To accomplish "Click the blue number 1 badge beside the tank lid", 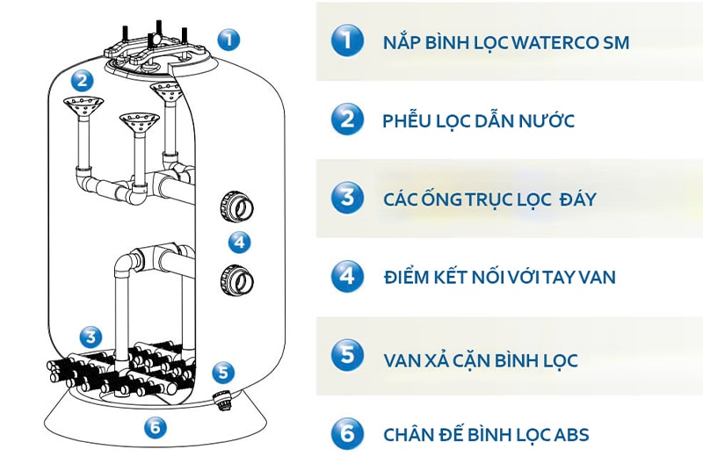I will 228,39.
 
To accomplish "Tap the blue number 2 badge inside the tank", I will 82,81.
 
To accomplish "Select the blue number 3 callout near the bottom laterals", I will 90,336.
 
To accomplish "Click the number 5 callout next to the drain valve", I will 224,373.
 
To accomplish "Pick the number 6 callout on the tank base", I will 156,428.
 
